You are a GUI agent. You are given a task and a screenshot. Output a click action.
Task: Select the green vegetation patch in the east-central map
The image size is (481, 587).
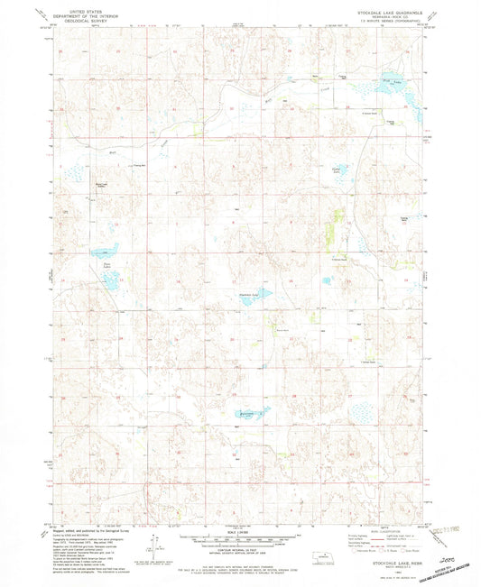[x=338, y=219]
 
